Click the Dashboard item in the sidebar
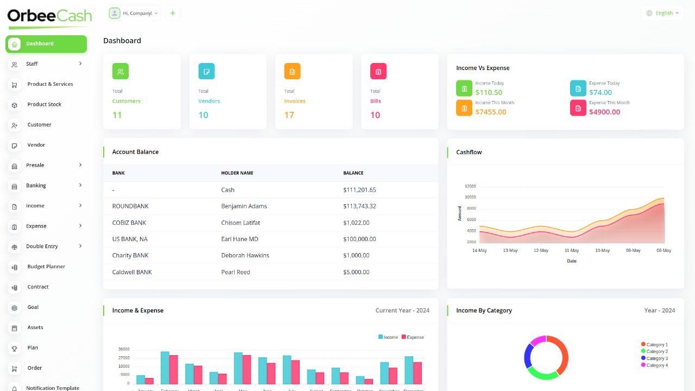coord(46,44)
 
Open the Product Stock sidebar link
coord(44,104)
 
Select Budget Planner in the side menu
coord(46,267)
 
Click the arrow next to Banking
coord(80,185)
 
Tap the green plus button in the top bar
coord(173,13)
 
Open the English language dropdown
coord(663,13)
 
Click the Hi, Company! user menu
coord(134,13)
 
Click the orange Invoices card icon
coord(292,71)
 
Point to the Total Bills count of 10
coord(375,115)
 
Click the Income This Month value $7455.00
coord(490,112)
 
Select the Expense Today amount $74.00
coord(600,92)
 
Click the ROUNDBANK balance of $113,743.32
coord(359,206)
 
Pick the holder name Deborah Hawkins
coord(245,255)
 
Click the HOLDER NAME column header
coord(237,173)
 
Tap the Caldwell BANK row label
coord(132,272)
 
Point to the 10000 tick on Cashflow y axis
coord(470,197)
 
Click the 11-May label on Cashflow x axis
coord(572,250)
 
